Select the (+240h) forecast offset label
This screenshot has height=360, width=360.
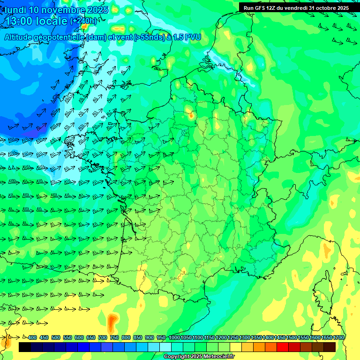[x=83, y=21]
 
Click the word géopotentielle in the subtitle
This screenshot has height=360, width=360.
[x=59, y=37]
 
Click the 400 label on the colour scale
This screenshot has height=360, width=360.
[x=32, y=337]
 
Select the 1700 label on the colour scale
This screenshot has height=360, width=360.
[x=338, y=337]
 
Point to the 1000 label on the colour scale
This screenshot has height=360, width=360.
[x=174, y=337]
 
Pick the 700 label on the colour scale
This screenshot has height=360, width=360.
[x=103, y=337]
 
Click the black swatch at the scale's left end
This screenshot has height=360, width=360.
[x=25, y=347]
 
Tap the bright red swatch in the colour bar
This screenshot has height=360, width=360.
[x=283, y=347]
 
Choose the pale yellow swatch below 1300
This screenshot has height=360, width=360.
[x=236, y=347]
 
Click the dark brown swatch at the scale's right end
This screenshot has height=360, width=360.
[x=330, y=347]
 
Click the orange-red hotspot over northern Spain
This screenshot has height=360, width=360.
[x=112, y=322]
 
